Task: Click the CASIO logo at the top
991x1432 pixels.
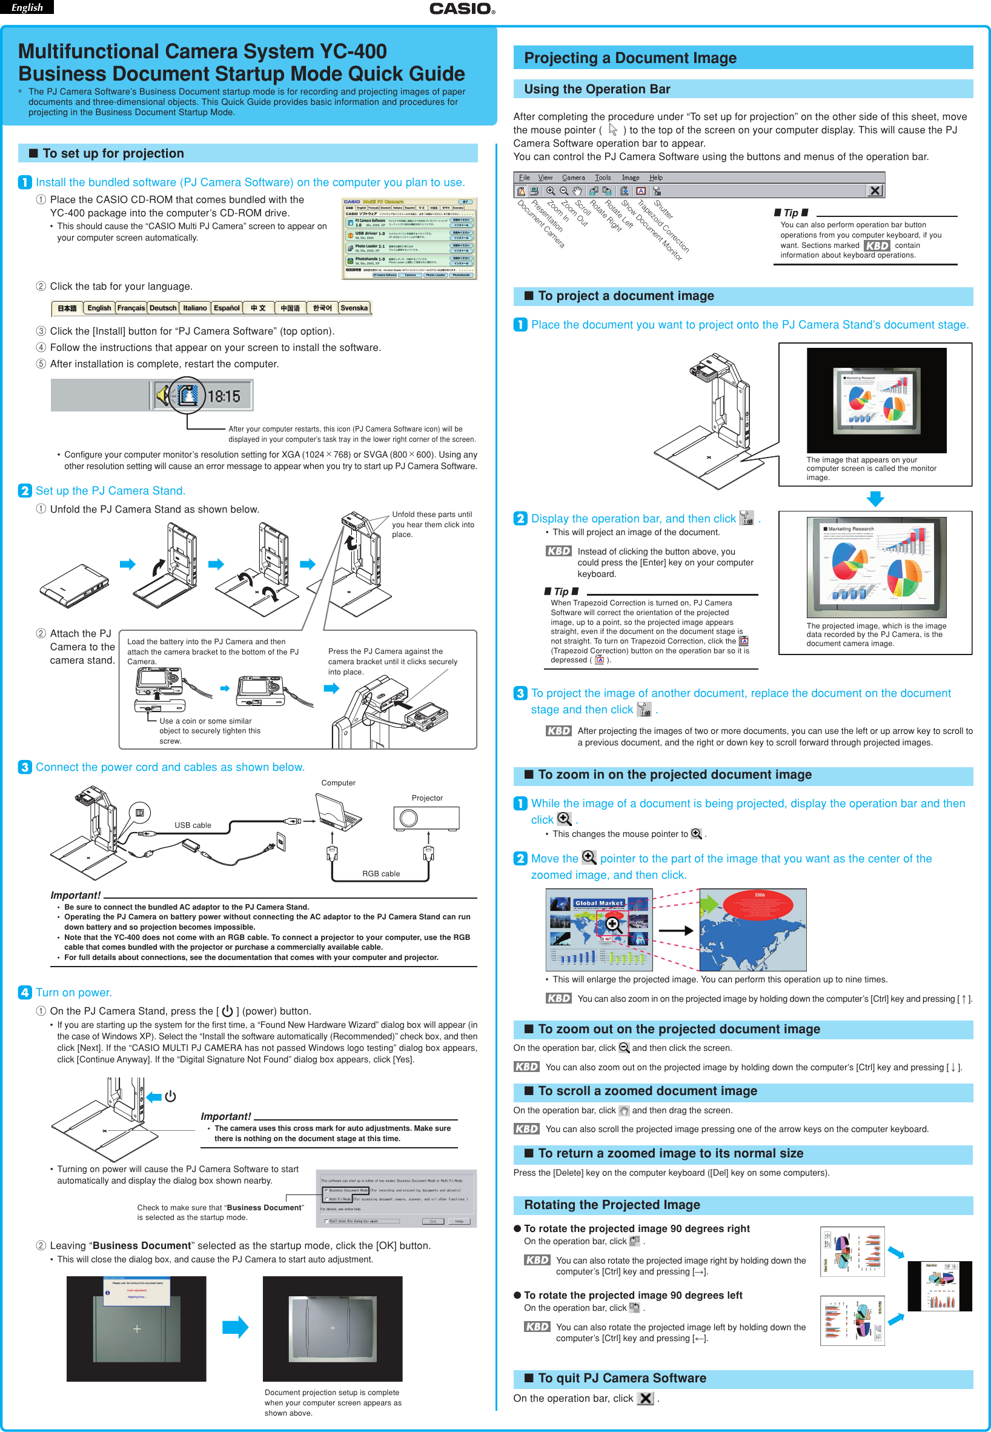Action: tap(462, 8)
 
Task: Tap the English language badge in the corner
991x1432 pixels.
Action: tap(27, 7)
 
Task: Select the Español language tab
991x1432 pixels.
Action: tap(226, 308)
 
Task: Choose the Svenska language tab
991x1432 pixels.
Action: tap(354, 308)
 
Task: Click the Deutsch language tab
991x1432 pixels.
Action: tap(163, 308)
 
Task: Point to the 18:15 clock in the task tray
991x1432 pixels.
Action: tap(224, 396)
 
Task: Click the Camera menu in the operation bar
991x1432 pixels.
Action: tap(573, 178)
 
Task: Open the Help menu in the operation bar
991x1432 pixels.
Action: tap(655, 178)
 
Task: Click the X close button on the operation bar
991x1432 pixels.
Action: tap(874, 191)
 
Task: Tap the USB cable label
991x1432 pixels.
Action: tap(193, 825)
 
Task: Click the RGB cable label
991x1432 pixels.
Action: tap(380, 873)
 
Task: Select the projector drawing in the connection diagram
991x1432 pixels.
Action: tap(426, 818)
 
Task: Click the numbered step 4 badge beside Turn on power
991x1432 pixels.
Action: tap(24, 992)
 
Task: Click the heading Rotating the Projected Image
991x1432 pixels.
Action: tap(612, 1205)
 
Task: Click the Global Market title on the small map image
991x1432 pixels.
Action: tap(598, 903)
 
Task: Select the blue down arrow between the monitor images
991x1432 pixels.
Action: tap(875, 498)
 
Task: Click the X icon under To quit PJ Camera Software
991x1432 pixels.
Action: tap(646, 1399)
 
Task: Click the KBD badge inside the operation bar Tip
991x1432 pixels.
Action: tap(877, 245)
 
